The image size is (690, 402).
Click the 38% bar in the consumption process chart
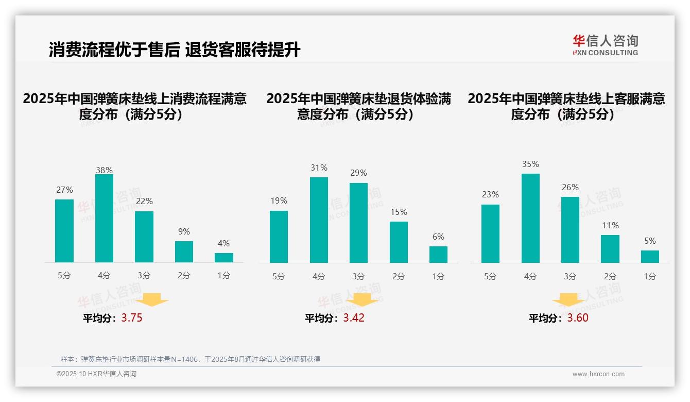pyautogui.click(x=104, y=219)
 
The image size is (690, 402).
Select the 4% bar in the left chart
pyautogui.click(x=224, y=258)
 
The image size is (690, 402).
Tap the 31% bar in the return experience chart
pyautogui.click(x=319, y=220)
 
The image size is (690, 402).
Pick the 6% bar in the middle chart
pyautogui.click(x=438, y=255)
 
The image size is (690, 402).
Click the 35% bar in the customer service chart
pyautogui.click(x=530, y=219)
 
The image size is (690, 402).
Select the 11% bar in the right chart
pyautogui.click(x=610, y=249)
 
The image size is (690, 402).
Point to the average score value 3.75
pyautogui.click(x=132, y=318)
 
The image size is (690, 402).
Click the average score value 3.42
pyautogui.click(x=354, y=318)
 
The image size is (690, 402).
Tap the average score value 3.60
pyautogui.click(x=578, y=318)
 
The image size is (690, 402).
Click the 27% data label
pyautogui.click(x=64, y=190)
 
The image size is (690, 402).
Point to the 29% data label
pyautogui.click(x=359, y=173)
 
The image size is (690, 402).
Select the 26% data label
pyautogui.click(x=570, y=188)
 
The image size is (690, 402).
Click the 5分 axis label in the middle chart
pyautogui.click(x=279, y=277)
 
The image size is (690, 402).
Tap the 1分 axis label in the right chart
pyautogui.click(x=650, y=277)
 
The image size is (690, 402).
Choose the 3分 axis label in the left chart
pyautogui.click(x=144, y=276)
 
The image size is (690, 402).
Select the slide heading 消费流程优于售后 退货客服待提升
pyautogui.click(x=175, y=50)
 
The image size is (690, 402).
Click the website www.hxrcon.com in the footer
pyautogui.click(x=598, y=374)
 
